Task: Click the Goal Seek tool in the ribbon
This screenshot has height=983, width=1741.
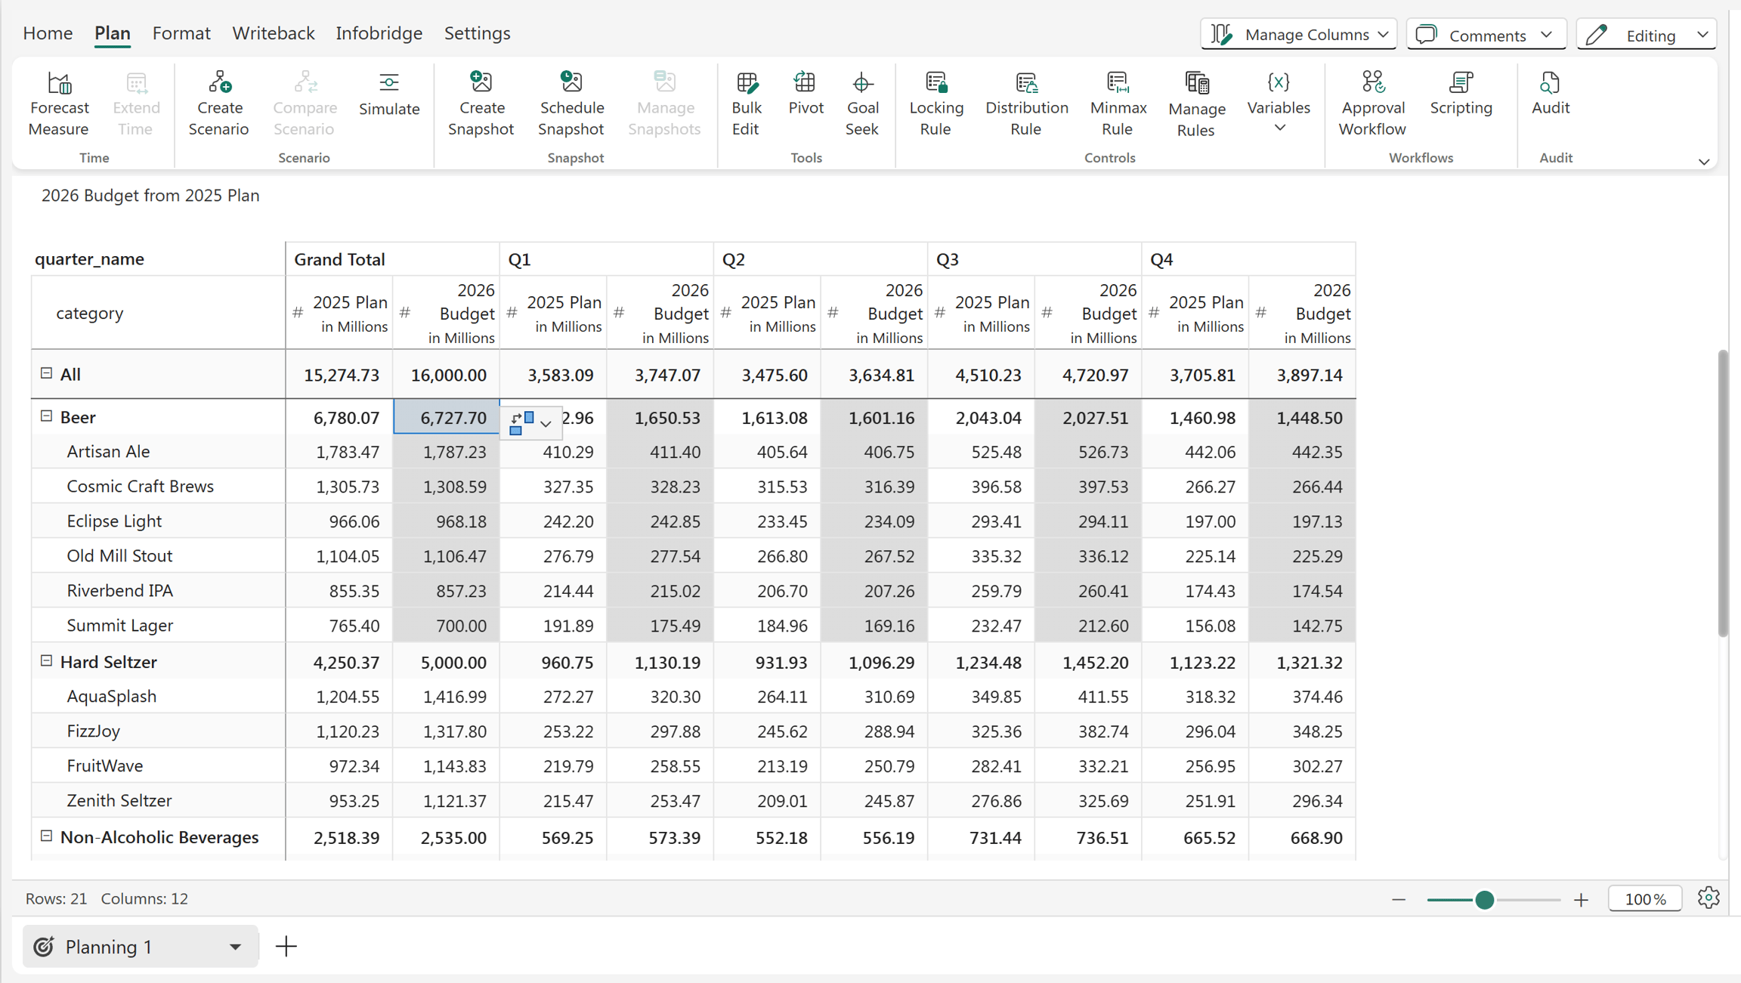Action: coord(861,104)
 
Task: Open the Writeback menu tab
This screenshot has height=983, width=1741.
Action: coord(273,33)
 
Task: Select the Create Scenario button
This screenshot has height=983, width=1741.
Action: coord(218,104)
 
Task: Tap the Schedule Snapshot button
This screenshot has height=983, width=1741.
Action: coord(571,104)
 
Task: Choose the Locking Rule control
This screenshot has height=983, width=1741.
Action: coord(935,104)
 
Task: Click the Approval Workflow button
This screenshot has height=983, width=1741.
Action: coord(1371,104)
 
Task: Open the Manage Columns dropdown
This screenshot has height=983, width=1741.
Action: coord(1298,35)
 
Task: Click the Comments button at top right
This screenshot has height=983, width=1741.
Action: coord(1486,35)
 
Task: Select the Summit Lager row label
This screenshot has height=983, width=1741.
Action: coord(120,626)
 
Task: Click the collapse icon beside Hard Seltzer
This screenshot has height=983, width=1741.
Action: coord(46,661)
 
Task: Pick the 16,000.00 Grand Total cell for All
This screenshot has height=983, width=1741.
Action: coord(448,376)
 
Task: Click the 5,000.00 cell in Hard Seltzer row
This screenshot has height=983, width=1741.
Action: coord(453,663)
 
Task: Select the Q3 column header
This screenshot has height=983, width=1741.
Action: coord(948,260)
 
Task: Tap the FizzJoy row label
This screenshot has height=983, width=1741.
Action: coord(94,731)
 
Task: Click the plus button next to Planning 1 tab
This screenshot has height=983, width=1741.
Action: coord(286,947)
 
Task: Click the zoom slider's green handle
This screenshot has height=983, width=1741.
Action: coord(1484,899)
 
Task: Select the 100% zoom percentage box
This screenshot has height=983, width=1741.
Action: coord(1645,899)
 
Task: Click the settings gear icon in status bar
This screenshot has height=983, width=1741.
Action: coord(1709,898)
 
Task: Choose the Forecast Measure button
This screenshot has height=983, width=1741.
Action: coord(59,104)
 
